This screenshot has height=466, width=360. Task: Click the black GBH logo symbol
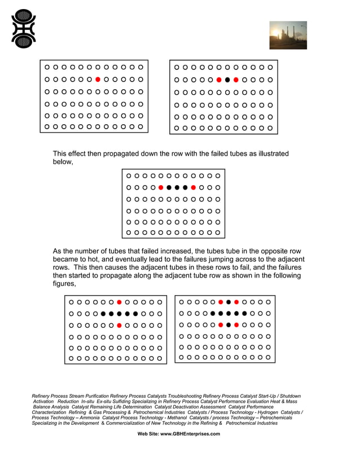click(x=24, y=28)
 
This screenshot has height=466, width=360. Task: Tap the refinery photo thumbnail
click(x=288, y=35)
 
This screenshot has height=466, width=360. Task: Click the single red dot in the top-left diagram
click(x=98, y=80)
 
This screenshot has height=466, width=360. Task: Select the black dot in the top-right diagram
click(x=227, y=80)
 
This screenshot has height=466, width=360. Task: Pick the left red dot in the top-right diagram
click(x=219, y=80)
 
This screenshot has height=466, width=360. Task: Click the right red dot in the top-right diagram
click(x=236, y=80)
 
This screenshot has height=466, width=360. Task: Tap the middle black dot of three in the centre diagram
click(x=177, y=187)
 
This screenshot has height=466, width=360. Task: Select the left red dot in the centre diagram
click(x=161, y=187)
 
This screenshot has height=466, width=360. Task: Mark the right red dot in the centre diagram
click(x=194, y=187)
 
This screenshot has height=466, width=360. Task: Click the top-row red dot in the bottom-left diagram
click(x=120, y=302)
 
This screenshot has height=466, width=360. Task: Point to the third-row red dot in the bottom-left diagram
click(x=120, y=326)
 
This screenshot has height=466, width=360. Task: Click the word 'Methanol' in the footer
click(x=169, y=417)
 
